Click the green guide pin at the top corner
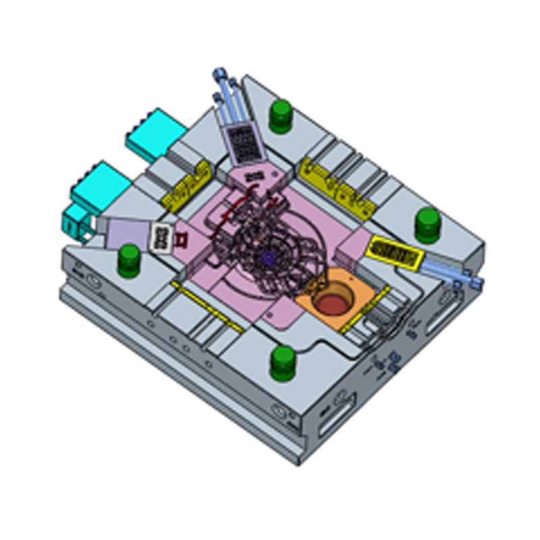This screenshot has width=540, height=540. coord(280,115)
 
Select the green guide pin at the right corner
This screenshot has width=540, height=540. coord(427,224)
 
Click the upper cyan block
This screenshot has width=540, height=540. coord(155,133)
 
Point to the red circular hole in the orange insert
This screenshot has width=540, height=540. coord(332,303)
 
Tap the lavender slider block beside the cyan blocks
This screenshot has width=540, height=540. coord(129,234)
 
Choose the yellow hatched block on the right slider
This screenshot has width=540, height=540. coord(395,253)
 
